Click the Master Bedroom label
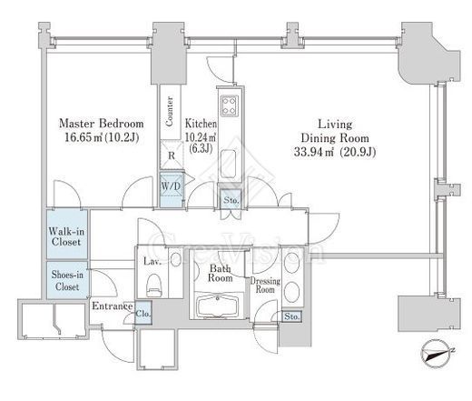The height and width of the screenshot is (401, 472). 101,124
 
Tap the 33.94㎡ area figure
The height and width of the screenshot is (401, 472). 314,152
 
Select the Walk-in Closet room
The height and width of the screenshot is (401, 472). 67,234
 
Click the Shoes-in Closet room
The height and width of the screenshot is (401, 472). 67,280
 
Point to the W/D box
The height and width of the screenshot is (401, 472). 172,189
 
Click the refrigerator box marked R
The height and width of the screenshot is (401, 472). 172,155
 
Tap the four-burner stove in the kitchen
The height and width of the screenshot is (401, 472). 230,105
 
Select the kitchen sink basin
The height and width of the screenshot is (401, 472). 228,164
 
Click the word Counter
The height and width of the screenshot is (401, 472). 170,111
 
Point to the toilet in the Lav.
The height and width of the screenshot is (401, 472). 154,286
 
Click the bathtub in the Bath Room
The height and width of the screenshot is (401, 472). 217,306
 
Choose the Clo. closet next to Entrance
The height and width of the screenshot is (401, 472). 143,313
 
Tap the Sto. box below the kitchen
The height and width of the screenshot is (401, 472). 231,199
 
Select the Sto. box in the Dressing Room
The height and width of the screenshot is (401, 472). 291,316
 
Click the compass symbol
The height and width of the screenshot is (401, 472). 437,354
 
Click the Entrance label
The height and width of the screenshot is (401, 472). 113,306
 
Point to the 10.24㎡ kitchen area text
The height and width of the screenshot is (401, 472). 201,137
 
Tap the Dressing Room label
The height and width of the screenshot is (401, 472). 265,285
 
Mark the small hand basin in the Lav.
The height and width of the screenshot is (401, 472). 175,259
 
